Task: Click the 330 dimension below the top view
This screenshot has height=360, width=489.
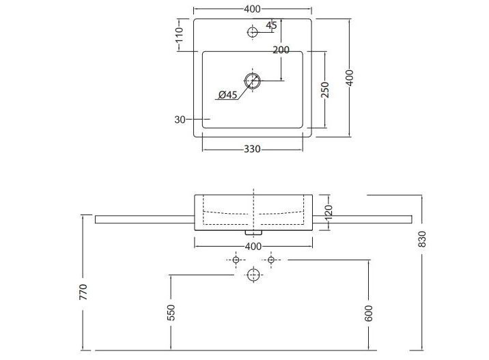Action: [x=252, y=149]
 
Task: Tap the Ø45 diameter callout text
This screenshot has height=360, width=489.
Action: [x=227, y=94]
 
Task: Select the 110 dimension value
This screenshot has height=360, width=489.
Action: [x=179, y=35]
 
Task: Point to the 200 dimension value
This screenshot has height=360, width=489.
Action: [x=281, y=50]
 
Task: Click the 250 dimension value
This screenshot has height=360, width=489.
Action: [x=325, y=90]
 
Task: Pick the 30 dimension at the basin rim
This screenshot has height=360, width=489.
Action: [x=180, y=120]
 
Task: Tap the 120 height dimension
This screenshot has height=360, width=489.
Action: [x=329, y=212]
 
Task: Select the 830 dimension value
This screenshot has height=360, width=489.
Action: [x=422, y=239]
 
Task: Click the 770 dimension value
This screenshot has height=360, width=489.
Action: [x=83, y=292]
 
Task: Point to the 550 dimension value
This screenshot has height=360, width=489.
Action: [x=171, y=313]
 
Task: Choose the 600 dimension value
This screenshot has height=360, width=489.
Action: [x=368, y=313]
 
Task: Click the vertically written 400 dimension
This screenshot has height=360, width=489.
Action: [x=350, y=78]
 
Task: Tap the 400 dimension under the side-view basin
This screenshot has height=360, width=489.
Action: [x=253, y=247]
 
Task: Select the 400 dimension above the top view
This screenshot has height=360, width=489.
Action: [x=252, y=10]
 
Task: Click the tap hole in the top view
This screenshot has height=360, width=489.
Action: [x=252, y=32]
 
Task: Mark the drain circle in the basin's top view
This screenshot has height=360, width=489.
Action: [x=252, y=81]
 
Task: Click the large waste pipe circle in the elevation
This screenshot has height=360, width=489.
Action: [x=253, y=275]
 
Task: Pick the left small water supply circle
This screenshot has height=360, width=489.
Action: [x=236, y=260]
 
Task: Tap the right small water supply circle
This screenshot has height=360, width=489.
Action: [x=270, y=260]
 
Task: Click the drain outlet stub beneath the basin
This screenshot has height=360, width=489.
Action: [x=253, y=232]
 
